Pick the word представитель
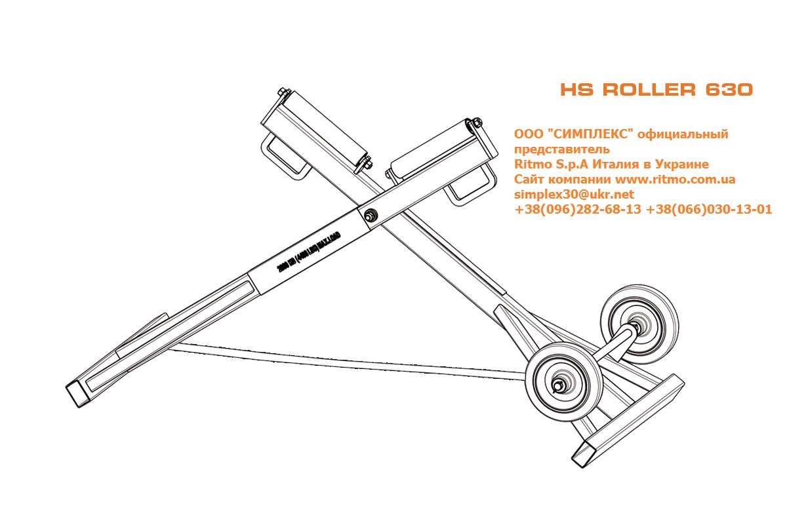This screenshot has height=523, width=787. [563, 149]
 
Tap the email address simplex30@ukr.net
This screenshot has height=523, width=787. [575, 195]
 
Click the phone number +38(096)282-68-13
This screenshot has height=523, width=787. [578, 210]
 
